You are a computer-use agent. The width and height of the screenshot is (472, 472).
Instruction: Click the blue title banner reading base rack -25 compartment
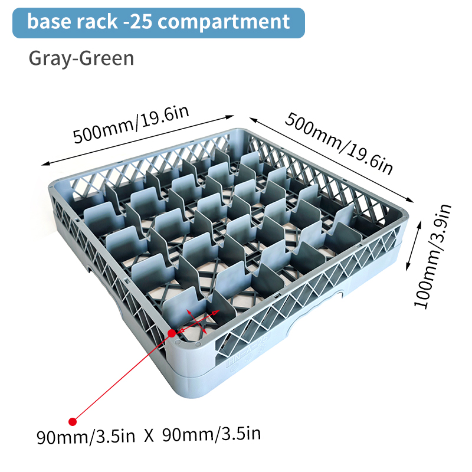tap(159, 23)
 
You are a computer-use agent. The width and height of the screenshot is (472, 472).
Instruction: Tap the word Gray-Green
tap(81, 58)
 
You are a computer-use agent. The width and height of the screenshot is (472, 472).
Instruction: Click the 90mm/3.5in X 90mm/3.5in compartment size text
tap(149, 435)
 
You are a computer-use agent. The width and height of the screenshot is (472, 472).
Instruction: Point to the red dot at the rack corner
tap(172, 333)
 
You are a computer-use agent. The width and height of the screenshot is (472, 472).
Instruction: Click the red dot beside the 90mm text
tap(72, 422)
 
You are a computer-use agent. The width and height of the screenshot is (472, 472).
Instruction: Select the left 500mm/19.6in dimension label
tap(131, 124)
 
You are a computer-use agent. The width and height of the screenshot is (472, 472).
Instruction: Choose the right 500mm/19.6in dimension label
tap(339, 143)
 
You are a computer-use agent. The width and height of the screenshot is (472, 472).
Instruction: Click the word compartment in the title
tap(224, 22)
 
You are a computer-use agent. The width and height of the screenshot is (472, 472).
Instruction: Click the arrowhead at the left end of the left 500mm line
tap(45, 164)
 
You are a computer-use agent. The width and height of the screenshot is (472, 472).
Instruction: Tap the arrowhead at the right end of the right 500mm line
tap(410, 200)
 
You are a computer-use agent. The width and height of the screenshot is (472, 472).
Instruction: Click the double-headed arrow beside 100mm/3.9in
tap(414, 245)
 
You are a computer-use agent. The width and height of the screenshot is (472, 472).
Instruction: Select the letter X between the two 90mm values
tap(149, 436)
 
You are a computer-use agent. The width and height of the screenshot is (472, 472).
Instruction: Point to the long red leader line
tap(122, 378)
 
